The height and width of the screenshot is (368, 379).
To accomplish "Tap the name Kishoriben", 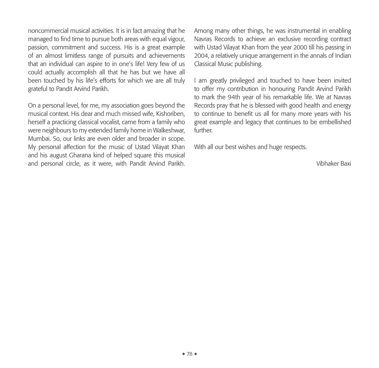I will [x=168, y=114].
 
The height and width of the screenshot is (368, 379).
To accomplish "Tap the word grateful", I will [x=38, y=89].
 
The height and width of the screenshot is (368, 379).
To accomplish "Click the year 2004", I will [x=201, y=56].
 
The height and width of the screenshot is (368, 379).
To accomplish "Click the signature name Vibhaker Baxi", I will [x=333, y=163].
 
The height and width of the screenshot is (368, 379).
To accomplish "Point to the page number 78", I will [x=189, y=354].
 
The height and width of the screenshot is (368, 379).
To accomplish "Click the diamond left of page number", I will [x=184, y=354].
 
